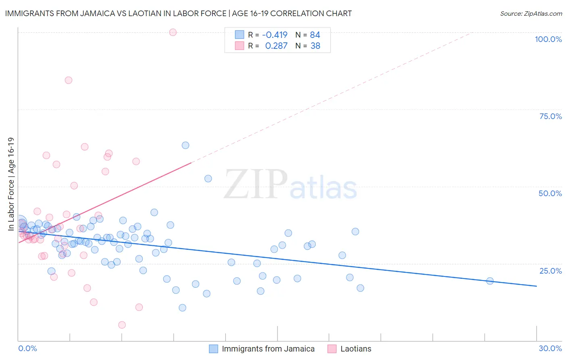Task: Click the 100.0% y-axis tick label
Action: coord(548,39)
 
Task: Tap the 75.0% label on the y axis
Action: coord(550,116)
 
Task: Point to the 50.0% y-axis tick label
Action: coord(550,193)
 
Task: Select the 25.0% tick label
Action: coord(550,271)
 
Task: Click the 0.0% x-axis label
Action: coord(27,348)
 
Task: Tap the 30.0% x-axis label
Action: coord(550,348)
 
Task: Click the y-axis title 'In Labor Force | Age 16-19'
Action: coord(11,184)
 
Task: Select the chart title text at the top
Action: coord(178,13)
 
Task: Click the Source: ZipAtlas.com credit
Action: coord(531,13)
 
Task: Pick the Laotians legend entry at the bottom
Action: coord(356,349)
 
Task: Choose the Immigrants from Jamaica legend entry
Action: coord(268,349)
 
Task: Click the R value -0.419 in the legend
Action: coord(275,35)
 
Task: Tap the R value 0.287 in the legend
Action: coord(276,46)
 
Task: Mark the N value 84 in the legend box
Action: coord(315,35)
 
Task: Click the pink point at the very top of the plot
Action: coord(173,32)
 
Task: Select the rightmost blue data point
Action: coord(490,281)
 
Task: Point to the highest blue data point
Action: coord(186,145)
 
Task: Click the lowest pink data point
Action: coord(122,325)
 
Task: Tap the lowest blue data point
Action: coord(182,308)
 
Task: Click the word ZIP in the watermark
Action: coord(256,184)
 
